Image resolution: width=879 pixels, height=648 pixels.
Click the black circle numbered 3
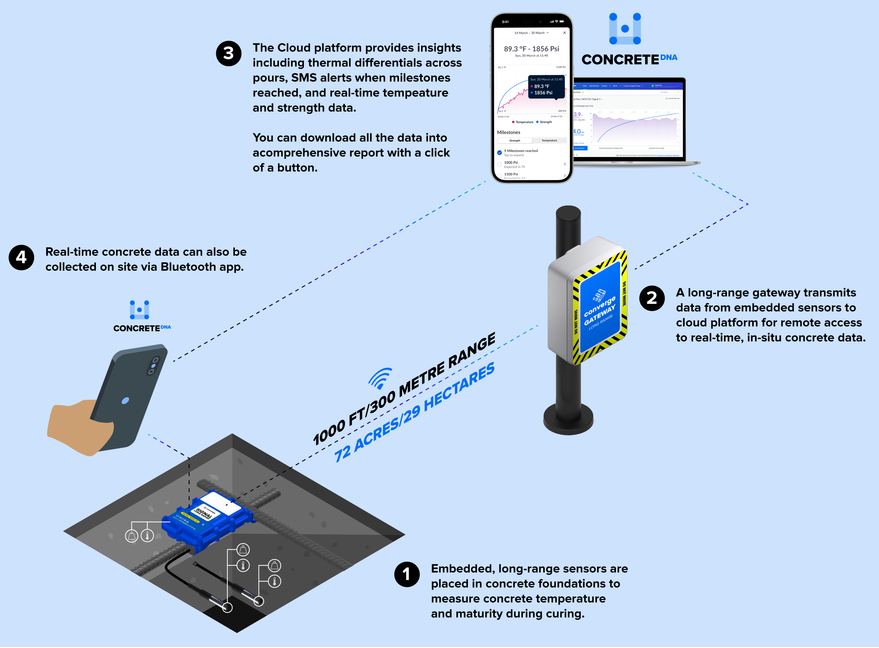[229, 54]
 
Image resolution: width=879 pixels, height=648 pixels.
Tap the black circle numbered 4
[22, 258]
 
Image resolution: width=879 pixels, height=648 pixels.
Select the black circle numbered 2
[652, 299]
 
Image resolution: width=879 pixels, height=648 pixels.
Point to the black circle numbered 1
[407, 575]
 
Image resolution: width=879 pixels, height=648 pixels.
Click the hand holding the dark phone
[78, 428]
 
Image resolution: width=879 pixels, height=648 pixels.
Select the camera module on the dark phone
[153, 366]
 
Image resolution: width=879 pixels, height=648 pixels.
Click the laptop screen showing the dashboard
[628, 120]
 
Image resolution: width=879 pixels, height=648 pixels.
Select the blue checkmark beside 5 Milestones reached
[499, 153]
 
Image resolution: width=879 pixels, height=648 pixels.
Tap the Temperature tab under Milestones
[549, 141]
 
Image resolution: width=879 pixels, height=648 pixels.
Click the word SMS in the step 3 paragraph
[304, 78]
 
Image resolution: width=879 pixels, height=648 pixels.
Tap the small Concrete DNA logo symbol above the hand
[139, 310]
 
